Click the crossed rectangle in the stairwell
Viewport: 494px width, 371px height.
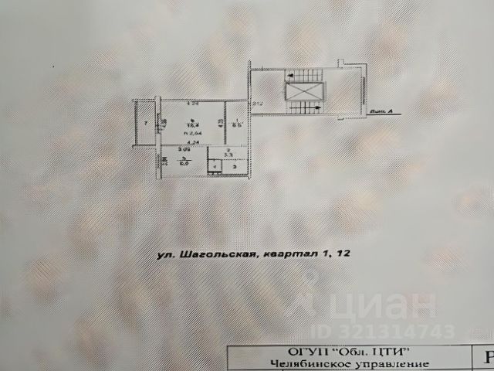(x=297, y=91)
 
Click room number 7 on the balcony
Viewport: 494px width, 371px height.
(x=144, y=123)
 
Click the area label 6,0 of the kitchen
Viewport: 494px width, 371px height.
(x=184, y=163)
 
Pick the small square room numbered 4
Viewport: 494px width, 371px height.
(x=213, y=166)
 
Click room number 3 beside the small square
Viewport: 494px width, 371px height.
(x=235, y=167)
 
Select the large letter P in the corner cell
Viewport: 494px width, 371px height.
(x=486, y=357)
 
